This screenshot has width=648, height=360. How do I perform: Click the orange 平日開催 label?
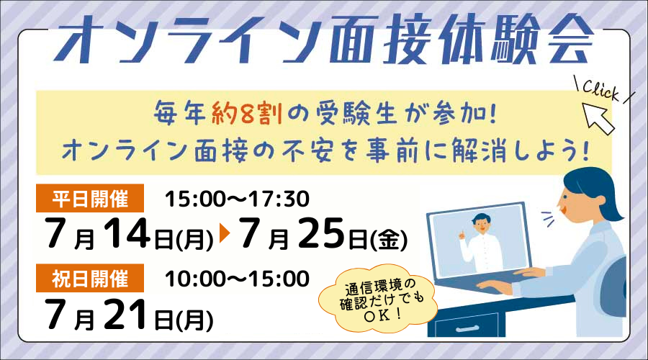point(90,199)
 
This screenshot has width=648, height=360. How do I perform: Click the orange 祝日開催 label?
point(90,278)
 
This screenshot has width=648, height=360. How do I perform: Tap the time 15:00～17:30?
point(237,199)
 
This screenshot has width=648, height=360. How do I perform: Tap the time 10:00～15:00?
point(237,279)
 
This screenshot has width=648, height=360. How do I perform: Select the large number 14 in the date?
point(127,233)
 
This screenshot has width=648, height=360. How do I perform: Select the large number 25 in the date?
point(321,233)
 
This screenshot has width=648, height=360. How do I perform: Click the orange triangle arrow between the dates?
point(225,233)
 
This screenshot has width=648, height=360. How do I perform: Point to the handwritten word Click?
point(601,90)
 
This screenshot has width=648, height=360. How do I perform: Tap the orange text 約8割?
point(247,113)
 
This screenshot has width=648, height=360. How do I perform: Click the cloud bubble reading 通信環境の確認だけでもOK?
point(377,298)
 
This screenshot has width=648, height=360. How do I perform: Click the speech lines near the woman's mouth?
point(548,219)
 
